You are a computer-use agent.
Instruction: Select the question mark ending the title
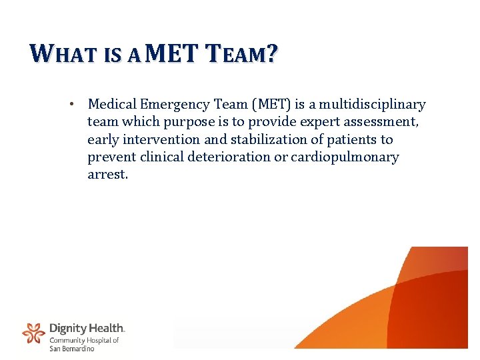coord(271,53)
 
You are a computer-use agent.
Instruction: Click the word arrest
coord(107,175)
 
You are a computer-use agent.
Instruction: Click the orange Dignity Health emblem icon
coord(33,332)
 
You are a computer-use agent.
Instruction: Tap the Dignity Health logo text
coord(87,328)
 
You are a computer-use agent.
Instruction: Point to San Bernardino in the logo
coord(72,348)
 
